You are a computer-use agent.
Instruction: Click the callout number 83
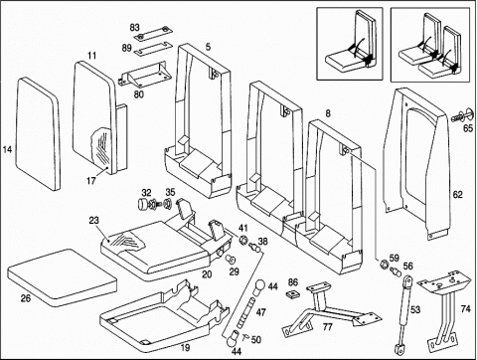click(135, 28)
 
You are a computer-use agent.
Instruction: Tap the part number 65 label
click(468, 128)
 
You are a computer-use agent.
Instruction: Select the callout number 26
click(26, 298)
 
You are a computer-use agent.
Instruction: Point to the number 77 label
click(327, 327)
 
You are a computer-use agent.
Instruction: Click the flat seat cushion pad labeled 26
click(62, 277)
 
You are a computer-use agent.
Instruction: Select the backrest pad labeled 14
click(38, 133)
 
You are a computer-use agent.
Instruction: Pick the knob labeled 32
click(143, 204)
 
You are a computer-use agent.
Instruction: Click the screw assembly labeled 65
click(463, 115)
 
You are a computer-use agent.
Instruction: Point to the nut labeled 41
click(243, 239)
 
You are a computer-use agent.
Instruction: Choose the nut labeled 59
click(385, 264)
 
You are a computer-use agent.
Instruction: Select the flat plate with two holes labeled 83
click(153, 33)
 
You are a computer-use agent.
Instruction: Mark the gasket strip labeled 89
click(153, 49)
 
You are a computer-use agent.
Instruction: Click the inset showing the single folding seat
click(350, 44)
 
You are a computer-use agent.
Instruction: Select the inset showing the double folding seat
click(430, 45)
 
